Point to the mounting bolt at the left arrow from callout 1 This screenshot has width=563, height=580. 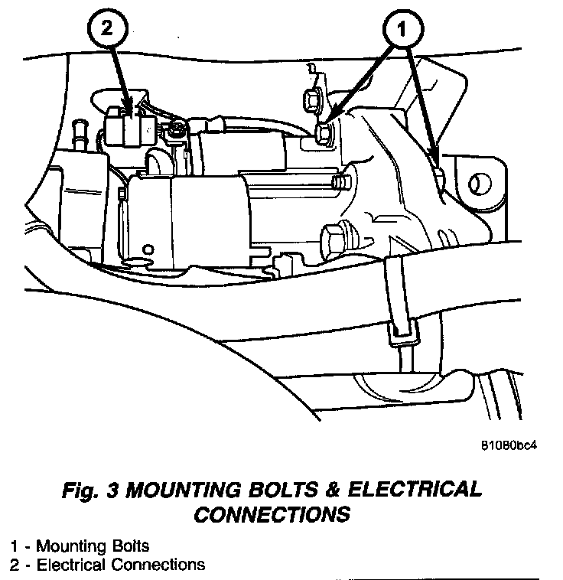click(324, 135)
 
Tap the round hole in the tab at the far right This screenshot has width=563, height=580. click(480, 184)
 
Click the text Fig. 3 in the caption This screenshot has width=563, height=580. click(89, 490)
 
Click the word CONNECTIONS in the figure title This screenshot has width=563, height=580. click(271, 515)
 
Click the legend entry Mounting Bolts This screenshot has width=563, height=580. click(93, 546)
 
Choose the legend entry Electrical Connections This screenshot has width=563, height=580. click(120, 565)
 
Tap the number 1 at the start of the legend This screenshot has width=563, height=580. click(15, 546)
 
